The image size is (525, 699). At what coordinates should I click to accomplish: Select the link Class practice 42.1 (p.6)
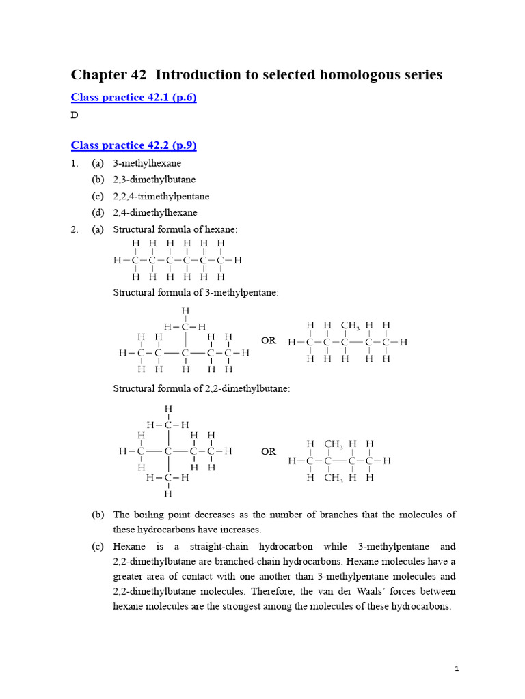pyautogui.click(x=134, y=98)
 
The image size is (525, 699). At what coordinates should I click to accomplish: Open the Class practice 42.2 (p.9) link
pyautogui.click(x=134, y=145)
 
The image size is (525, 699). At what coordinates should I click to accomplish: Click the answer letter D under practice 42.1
pyautogui.click(x=75, y=115)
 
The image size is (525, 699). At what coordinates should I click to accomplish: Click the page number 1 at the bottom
pyautogui.click(x=457, y=668)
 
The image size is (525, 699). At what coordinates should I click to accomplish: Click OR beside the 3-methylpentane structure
pyautogui.click(x=269, y=341)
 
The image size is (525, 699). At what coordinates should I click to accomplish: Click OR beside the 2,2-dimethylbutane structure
pyautogui.click(x=269, y=451)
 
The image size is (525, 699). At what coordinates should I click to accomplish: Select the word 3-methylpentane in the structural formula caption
pyautogui.click(x=246, y=292)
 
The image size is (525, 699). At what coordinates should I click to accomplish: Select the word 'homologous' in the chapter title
pyautogui.click(x=359, y=74)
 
